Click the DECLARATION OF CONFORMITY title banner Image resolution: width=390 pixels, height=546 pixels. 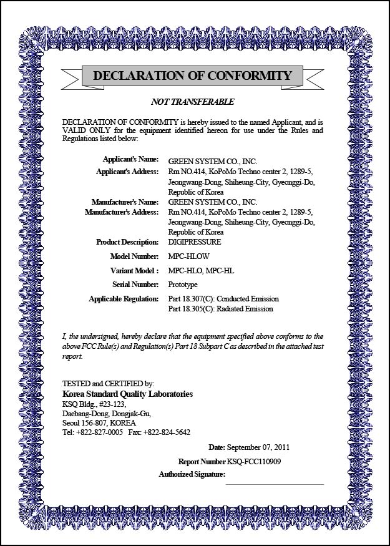click(192, 76)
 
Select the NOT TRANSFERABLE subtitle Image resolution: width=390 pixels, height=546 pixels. click(193, 102)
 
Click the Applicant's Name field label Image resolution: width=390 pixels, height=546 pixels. click(130, 160)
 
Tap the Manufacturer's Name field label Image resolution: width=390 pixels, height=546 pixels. click(125, 202)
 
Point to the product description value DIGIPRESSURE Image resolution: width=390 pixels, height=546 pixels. click(195, 242)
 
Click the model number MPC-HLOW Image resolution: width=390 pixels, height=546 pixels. click(189, 256)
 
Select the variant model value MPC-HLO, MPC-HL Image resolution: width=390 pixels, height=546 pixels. click(201, 271)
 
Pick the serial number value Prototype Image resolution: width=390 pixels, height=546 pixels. click(183, 285)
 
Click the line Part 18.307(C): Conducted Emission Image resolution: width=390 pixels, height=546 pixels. click(223, 300)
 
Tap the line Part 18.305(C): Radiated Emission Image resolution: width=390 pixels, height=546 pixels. click(220, 309)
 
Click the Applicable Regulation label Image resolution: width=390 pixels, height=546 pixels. click(124, 300)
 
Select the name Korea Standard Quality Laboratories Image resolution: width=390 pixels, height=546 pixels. click(128, 394)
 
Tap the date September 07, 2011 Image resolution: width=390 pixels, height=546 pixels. click(258, 447)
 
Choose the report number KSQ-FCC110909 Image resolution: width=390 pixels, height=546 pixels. click(254, 462)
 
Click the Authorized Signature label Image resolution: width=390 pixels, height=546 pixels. click(192, 475)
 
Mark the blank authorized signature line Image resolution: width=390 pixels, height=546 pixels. click(275, 483)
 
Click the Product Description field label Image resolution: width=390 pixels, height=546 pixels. click(127, 242)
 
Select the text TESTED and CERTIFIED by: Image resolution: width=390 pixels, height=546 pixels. click(109, 384)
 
